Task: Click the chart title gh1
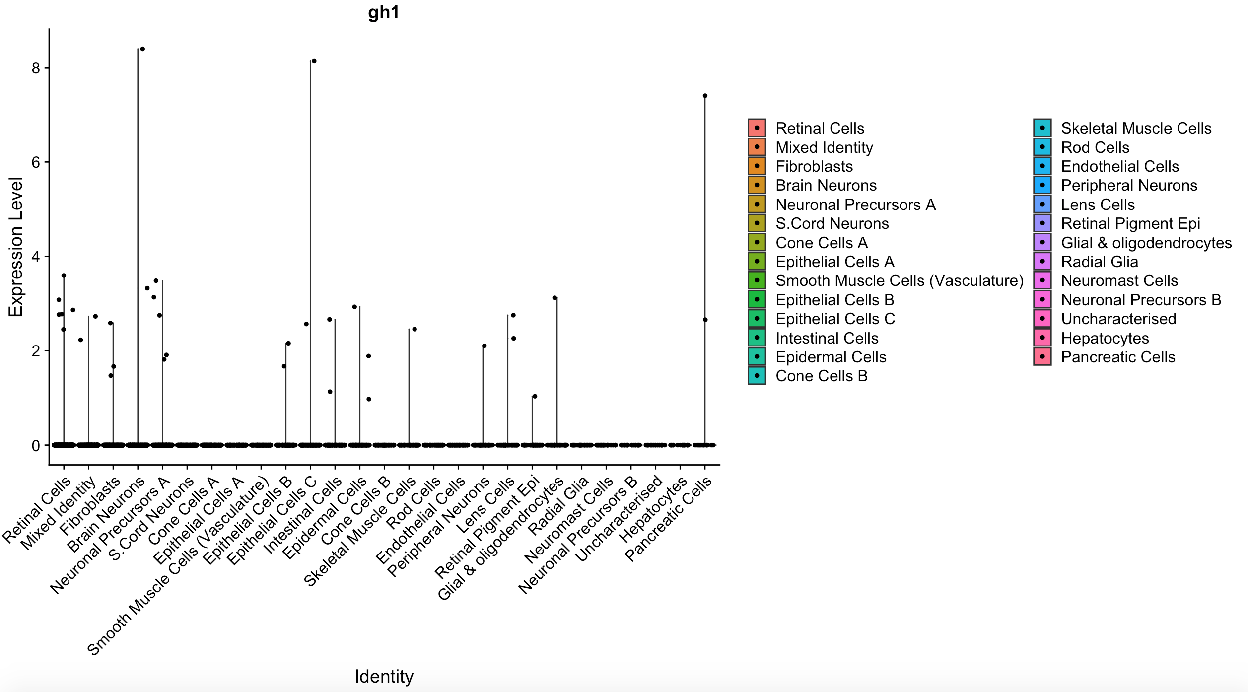[x=384, y=12]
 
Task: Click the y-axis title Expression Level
[x=16, y=247]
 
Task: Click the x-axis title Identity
[x=384, y=676]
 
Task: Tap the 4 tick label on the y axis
[x=36, y=257]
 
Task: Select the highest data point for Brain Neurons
[x=142, y=49]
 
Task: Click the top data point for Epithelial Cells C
[x=314, y=61]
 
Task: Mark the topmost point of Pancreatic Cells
[x=705, y=96]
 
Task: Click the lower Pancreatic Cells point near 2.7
[x=705, y=320]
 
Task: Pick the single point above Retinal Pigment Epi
[x=535, y=396]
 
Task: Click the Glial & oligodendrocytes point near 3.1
[x=555, y=298]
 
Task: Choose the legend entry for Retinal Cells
[x=820, y=128]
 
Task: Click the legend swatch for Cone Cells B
[x=757, y=376]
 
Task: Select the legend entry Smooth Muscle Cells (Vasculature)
[x=899, y=280]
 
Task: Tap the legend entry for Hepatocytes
[x=1105, y=338]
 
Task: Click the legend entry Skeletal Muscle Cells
[x=1136, y=128]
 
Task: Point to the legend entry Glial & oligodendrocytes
[x=1146, y=243]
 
